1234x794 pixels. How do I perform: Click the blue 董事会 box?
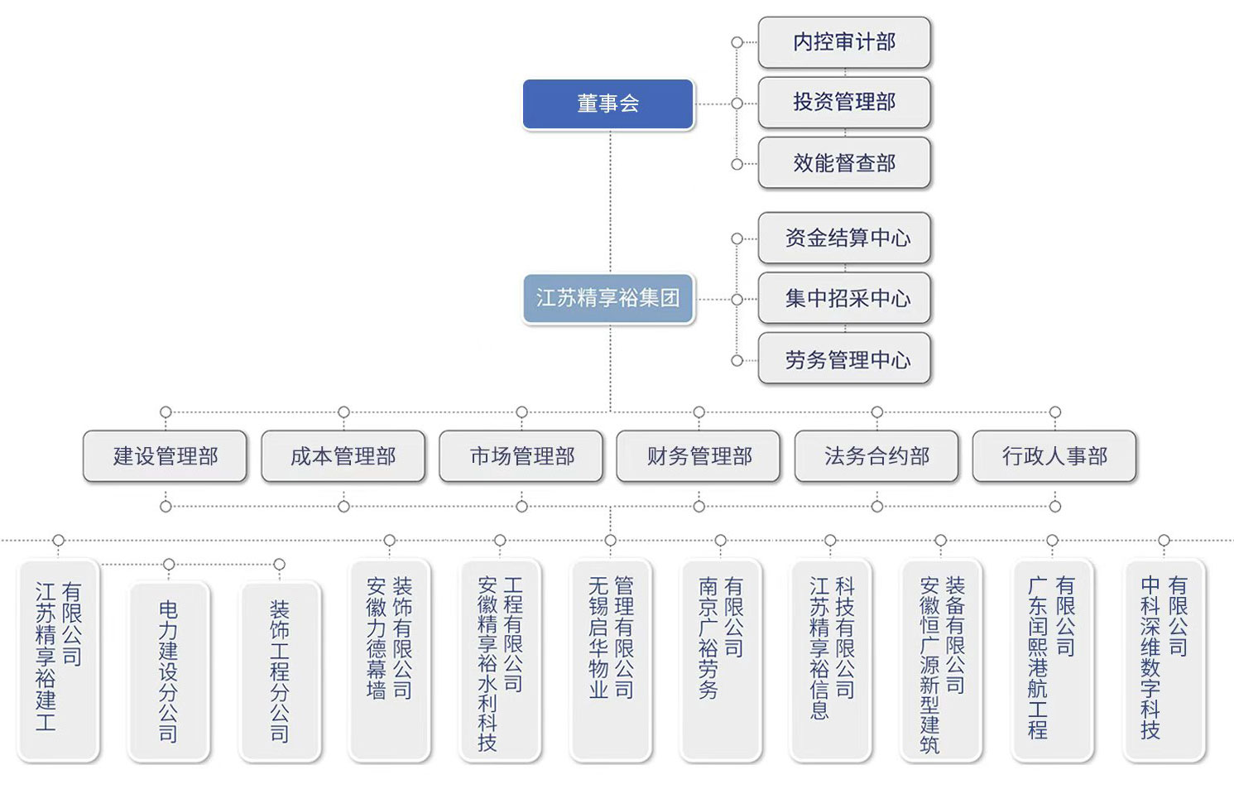click(x=607, y=103)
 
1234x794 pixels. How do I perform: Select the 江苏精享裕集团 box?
click(x=607, y=298)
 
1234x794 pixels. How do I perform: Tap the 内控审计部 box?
click(x=844, y=42)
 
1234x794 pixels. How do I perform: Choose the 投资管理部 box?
click(x=844, y=103)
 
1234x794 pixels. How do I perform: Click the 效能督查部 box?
click(x=844, y=163)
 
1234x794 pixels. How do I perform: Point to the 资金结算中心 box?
click(x=844, y=238)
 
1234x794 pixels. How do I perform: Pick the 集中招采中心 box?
click(x=844, y=298)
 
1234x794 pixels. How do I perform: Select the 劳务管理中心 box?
click(x=844, y=359)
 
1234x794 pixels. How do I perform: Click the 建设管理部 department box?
click(x=166, y=456)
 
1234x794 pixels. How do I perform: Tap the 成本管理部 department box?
click(x=343, y=456)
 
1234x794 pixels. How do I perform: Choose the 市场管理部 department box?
click(x=521, y=456)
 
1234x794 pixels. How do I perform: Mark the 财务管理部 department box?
click(x=699, y=456)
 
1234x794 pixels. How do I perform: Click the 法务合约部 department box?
click(x=877, y=456)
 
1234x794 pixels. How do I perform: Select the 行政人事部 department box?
click(x=1054, y=456)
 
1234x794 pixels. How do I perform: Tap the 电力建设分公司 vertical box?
click(x=169, y=671)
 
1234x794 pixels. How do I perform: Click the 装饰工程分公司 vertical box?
click(x=280, y=671)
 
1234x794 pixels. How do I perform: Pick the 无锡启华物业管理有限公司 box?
click(x=611, y=660)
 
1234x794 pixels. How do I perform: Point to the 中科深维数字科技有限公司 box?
click(x=1164, y=660)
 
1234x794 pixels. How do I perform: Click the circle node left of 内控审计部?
click(x=737, y=42)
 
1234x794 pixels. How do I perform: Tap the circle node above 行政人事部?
click(x=1054, y=412)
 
